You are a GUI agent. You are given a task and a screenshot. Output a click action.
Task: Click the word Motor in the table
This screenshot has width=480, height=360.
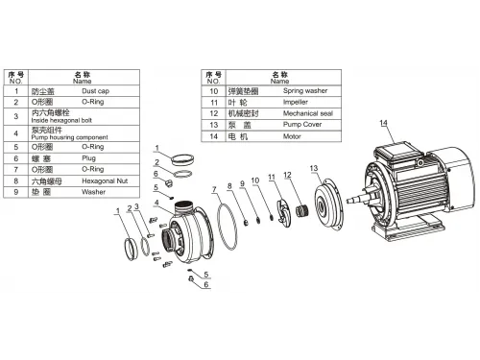coord(291,133)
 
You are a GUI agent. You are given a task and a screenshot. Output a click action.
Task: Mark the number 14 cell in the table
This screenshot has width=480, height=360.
coord(215,133)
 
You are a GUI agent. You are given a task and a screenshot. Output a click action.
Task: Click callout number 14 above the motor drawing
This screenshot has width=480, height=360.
coord(383,124)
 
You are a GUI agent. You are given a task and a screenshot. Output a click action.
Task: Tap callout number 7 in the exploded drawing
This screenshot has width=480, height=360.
coord(212,188)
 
